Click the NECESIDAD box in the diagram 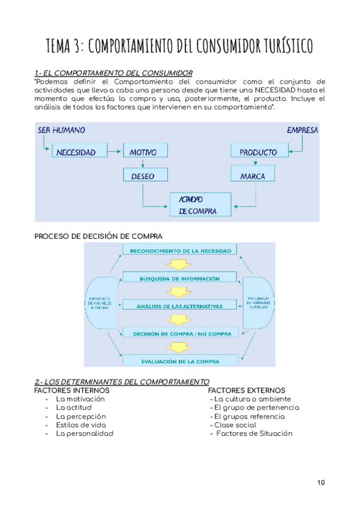[x=76, y=152]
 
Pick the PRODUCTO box [x=257, y=152]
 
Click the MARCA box [x=253, y=176]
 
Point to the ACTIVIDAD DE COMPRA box [x=201, y=205]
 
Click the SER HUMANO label [x=62, y=130]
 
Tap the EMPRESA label [x=302, y=130]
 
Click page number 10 [x=321, y=483]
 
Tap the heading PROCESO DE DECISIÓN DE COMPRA [x=99, y=236]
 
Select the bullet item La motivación [x=80, y=399]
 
